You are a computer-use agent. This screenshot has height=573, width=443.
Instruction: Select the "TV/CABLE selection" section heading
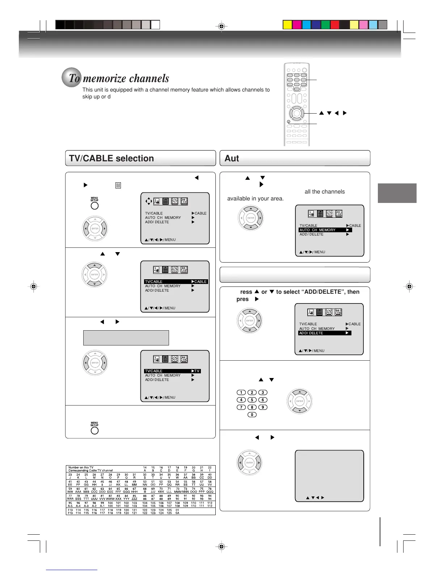click(111, 158)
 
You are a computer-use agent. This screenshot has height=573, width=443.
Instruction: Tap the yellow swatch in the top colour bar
click(287, 25)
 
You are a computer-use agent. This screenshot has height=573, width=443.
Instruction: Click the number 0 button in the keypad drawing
click(252, 415)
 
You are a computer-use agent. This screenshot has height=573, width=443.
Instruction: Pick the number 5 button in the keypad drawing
click(252, 400)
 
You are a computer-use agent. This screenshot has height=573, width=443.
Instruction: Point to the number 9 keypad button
click(263, 407)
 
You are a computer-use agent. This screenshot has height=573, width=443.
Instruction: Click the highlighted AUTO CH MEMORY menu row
click(325, 230)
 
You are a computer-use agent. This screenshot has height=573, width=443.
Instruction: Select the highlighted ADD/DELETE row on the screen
click(325, 333)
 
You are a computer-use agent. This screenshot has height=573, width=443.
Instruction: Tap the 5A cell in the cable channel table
click(177, 513)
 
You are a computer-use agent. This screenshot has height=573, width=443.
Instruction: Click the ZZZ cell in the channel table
click(134, 499)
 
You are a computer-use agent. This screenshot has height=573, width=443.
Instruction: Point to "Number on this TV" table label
click(81, 467)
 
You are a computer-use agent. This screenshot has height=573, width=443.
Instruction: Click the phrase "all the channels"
click(325, 192)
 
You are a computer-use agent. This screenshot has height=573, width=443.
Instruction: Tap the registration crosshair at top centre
click(222, 26)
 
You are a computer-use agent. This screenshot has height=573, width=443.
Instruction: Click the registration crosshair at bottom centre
click(222, 546)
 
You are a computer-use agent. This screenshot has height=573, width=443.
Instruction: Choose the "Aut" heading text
click(232, 158)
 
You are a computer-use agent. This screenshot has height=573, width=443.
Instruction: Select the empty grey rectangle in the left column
click(126, 338)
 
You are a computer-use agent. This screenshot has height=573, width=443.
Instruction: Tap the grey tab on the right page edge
click(397, 193)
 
